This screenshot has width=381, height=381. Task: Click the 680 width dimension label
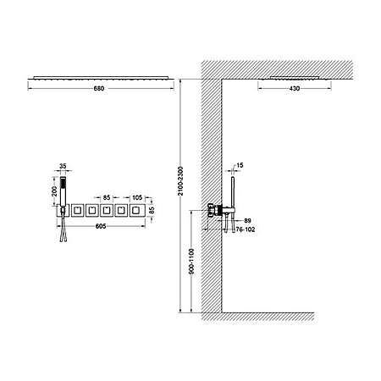[x=99, y=89]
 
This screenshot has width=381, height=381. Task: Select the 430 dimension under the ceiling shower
[x=295, y=89]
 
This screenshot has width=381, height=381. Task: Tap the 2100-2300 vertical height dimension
[x=181, y=181]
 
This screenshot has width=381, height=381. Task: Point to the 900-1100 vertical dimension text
[x=191, y=262]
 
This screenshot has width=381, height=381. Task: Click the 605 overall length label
[x=101, y=226]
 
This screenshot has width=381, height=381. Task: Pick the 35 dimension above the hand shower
[x=63, y=166]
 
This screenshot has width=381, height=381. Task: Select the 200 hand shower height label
[x=55, y=191]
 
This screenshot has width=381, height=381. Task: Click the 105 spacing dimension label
[x=137, y=197]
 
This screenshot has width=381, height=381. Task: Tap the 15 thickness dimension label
[x=240, y=165]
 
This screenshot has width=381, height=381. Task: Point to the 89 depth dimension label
[x=247, y=220]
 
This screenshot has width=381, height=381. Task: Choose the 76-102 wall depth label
[x=246, y=229]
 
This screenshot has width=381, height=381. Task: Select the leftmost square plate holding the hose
[x=63, y=211]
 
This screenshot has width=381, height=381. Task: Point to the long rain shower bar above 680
[x=101, y=78]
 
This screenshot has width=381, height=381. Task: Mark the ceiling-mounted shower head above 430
[x=295, y=78]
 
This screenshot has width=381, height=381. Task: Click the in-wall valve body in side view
[x=215, y=210]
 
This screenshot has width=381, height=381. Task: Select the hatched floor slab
[x=257, y=317]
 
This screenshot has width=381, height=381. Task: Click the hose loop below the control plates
[x=63, y=229]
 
